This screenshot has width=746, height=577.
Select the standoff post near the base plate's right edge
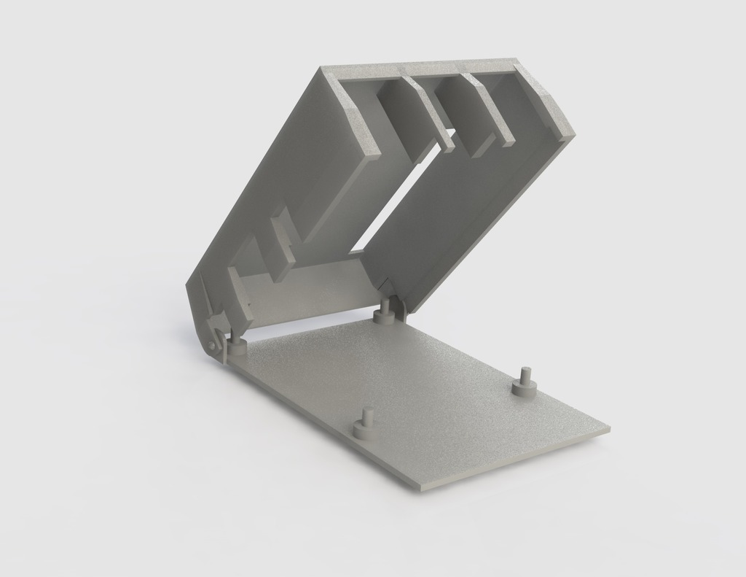pyautogui.click(x=523, y=383)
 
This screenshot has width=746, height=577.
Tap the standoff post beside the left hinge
pyautogui.click(x=237, y=341)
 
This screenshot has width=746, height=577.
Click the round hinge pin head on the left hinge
pyautogui.click(x=211, y=344)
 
